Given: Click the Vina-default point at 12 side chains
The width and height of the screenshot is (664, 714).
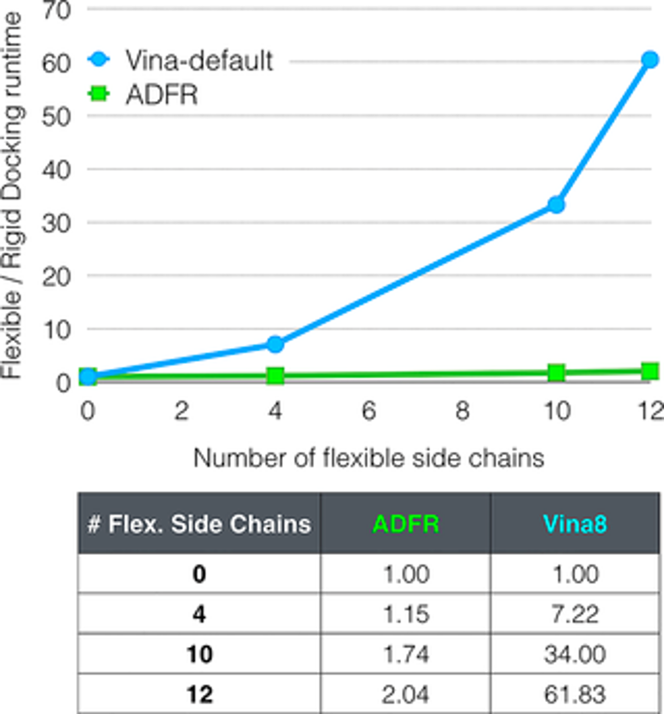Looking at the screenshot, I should click(650, 60).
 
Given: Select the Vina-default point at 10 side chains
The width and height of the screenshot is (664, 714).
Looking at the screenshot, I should click(556, 204).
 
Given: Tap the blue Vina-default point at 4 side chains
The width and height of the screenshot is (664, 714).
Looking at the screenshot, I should click(275, 344).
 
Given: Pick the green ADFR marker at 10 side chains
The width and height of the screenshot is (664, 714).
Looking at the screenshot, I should click(556, 372).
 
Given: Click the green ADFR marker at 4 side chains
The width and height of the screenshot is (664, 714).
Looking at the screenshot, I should click(275, 375).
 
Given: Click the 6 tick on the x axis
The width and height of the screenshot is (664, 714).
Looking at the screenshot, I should click(368, 411).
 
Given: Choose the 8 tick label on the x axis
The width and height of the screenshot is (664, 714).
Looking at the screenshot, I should click(462, 411).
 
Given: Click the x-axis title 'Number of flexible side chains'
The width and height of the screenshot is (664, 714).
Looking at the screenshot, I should click(368, 458).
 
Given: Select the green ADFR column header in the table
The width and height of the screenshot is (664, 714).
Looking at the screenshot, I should click(405, 524).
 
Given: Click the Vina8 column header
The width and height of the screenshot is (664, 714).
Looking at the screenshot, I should click(575, 524).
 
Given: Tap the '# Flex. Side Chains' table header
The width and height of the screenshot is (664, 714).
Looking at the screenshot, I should click(199, 524).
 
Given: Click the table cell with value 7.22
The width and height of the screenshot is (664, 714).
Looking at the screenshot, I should click(575, 614).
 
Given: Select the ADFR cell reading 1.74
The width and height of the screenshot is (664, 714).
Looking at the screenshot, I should click(405, 654).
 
